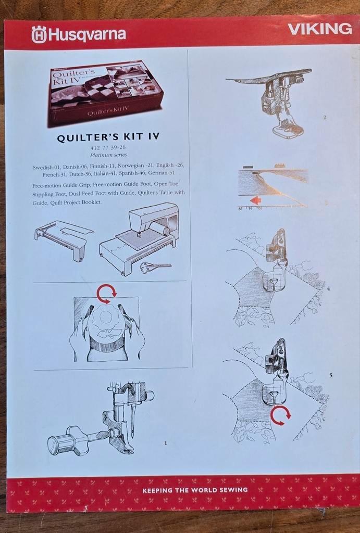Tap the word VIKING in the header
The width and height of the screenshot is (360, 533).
(x=320, y=29)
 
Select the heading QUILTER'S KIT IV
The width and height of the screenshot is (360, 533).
(x=108, y=137)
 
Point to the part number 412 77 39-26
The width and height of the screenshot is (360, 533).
(x=108, y=148)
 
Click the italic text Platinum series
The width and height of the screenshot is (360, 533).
(x=108, y=155)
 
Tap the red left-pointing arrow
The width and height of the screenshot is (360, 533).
(x=256, y=200)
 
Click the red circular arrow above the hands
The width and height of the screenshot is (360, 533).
(x=107, y=294)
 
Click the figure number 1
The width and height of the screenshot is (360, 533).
(x=165, y=443)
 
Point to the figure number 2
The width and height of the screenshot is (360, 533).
(x=324, y=118)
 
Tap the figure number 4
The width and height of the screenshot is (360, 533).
(x=328, y=288)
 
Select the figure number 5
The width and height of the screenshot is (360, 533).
(x=330, y=375)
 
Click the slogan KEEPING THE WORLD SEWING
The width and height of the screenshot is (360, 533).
(x=195, y=490)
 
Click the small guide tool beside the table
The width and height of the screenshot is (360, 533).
(x=154, y=267)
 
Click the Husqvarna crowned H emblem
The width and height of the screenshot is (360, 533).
(x=39, y=35)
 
